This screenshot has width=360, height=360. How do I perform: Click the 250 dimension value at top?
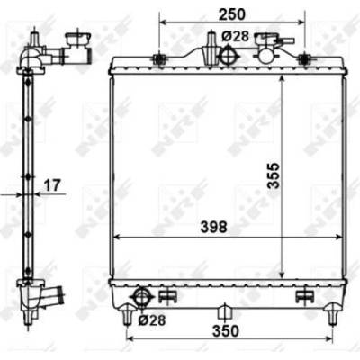click(x=232, y=14)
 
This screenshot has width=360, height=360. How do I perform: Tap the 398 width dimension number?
click(x=213, y=228)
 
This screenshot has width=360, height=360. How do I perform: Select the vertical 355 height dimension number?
click(x=274, y=175)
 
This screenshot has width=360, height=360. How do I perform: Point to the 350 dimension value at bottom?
click(x=226, y=331)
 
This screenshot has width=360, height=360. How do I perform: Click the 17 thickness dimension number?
click(x=53, y=185)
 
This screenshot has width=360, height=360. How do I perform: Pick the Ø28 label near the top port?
click(x=236, y=37)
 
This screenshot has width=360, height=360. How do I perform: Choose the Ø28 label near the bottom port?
click(x=152, y=320)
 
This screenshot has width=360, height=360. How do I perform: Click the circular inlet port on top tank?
click(x=229, y=55)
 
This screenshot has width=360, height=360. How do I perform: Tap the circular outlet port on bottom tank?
click(x=141, y=297)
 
